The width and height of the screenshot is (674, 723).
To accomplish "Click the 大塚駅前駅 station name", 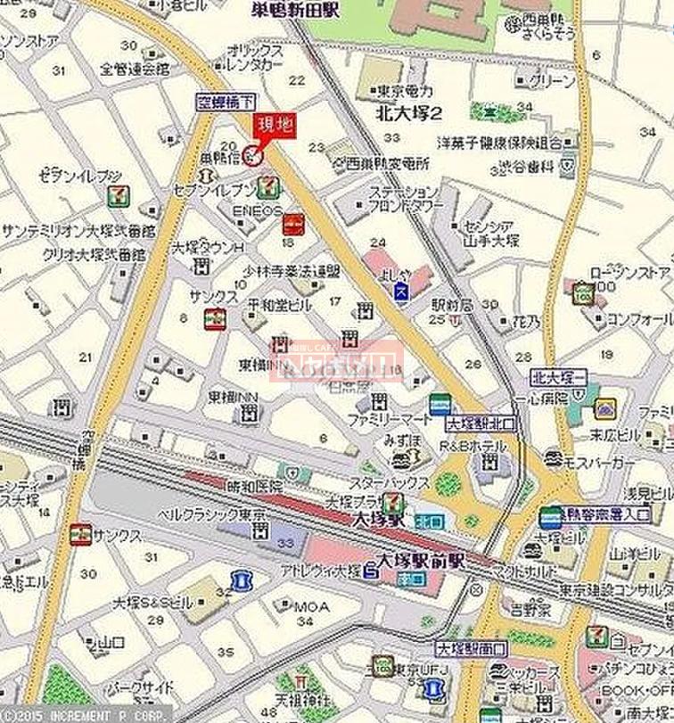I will [x=422, y=561].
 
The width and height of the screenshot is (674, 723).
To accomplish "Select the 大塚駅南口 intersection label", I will [x=472, y=649].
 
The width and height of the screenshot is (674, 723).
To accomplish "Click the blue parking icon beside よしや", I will [x=401, y=292].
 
